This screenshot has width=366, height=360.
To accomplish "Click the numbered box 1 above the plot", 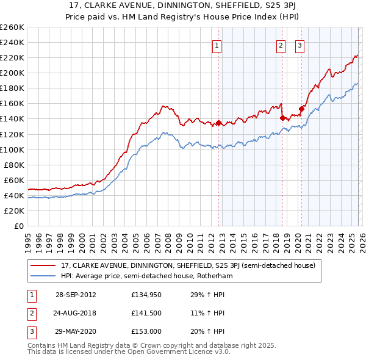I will click(218, 45).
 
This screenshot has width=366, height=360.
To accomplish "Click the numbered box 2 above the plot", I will click(281, 45).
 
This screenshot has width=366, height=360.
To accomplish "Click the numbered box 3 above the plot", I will click(300, 45).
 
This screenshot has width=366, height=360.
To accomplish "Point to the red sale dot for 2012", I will click(218, 123).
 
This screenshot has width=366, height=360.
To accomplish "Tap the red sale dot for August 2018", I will click(282, 118).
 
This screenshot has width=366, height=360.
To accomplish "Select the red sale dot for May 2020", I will click(301, 109).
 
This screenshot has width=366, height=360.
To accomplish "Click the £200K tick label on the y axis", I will click(12, 73).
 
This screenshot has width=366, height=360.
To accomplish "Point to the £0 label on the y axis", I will click(20, 226).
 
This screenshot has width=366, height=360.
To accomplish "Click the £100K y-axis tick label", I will click(12, 149).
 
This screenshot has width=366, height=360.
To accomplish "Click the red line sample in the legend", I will click(43, 265).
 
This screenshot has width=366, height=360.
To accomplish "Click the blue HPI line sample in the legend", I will click(43, 276).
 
